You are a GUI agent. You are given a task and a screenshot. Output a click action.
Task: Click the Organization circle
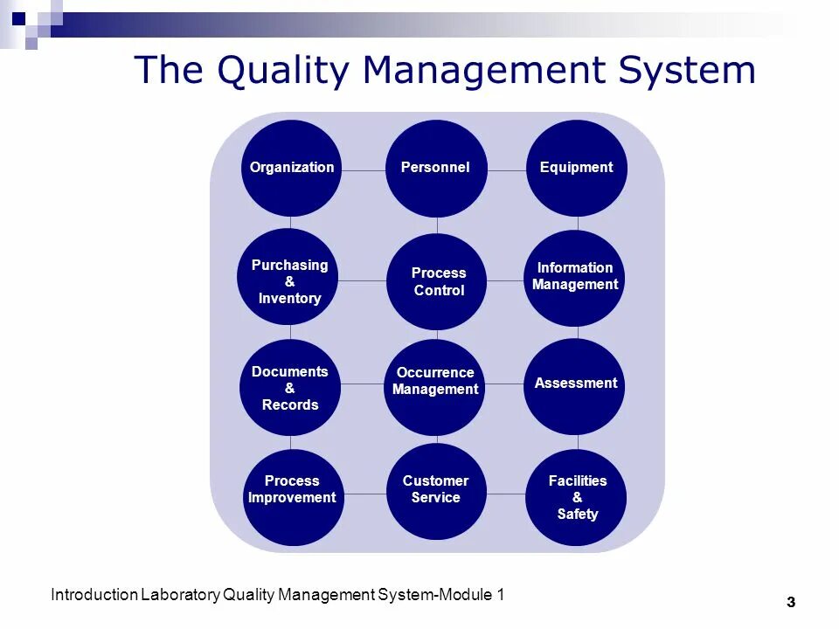pyautogui.click(x=291, y=168)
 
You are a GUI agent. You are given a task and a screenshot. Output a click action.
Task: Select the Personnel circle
pyautogui.click(x=435, y=168)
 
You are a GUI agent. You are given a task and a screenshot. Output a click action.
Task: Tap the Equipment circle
pyautogui.click(x=577, y=168)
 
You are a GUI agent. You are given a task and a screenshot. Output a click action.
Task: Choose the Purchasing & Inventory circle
pyautogui.click(x=289, y=280)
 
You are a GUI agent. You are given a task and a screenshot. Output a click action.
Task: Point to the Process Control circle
pyautogui.click(x=437, y=281)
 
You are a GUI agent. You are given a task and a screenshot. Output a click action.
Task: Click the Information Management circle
pyautogui.click(x=575, y=277)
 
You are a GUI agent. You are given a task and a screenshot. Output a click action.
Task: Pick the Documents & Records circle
pyautogui.click(x=289, y=387)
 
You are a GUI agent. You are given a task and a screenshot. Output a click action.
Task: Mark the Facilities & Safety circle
pyautogui.click(x=577, y=496)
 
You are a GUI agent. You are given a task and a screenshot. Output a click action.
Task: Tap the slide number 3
pyautogui.click(x=791, y=602)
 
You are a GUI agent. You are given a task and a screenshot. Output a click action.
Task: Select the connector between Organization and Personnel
pyautogui.click(x=363, y=170)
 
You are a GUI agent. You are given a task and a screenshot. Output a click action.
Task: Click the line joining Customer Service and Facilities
pyautogui.click(x=505, y=494)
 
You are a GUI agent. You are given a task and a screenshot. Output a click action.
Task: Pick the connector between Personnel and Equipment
pyautogui.click(x=507, y=170)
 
